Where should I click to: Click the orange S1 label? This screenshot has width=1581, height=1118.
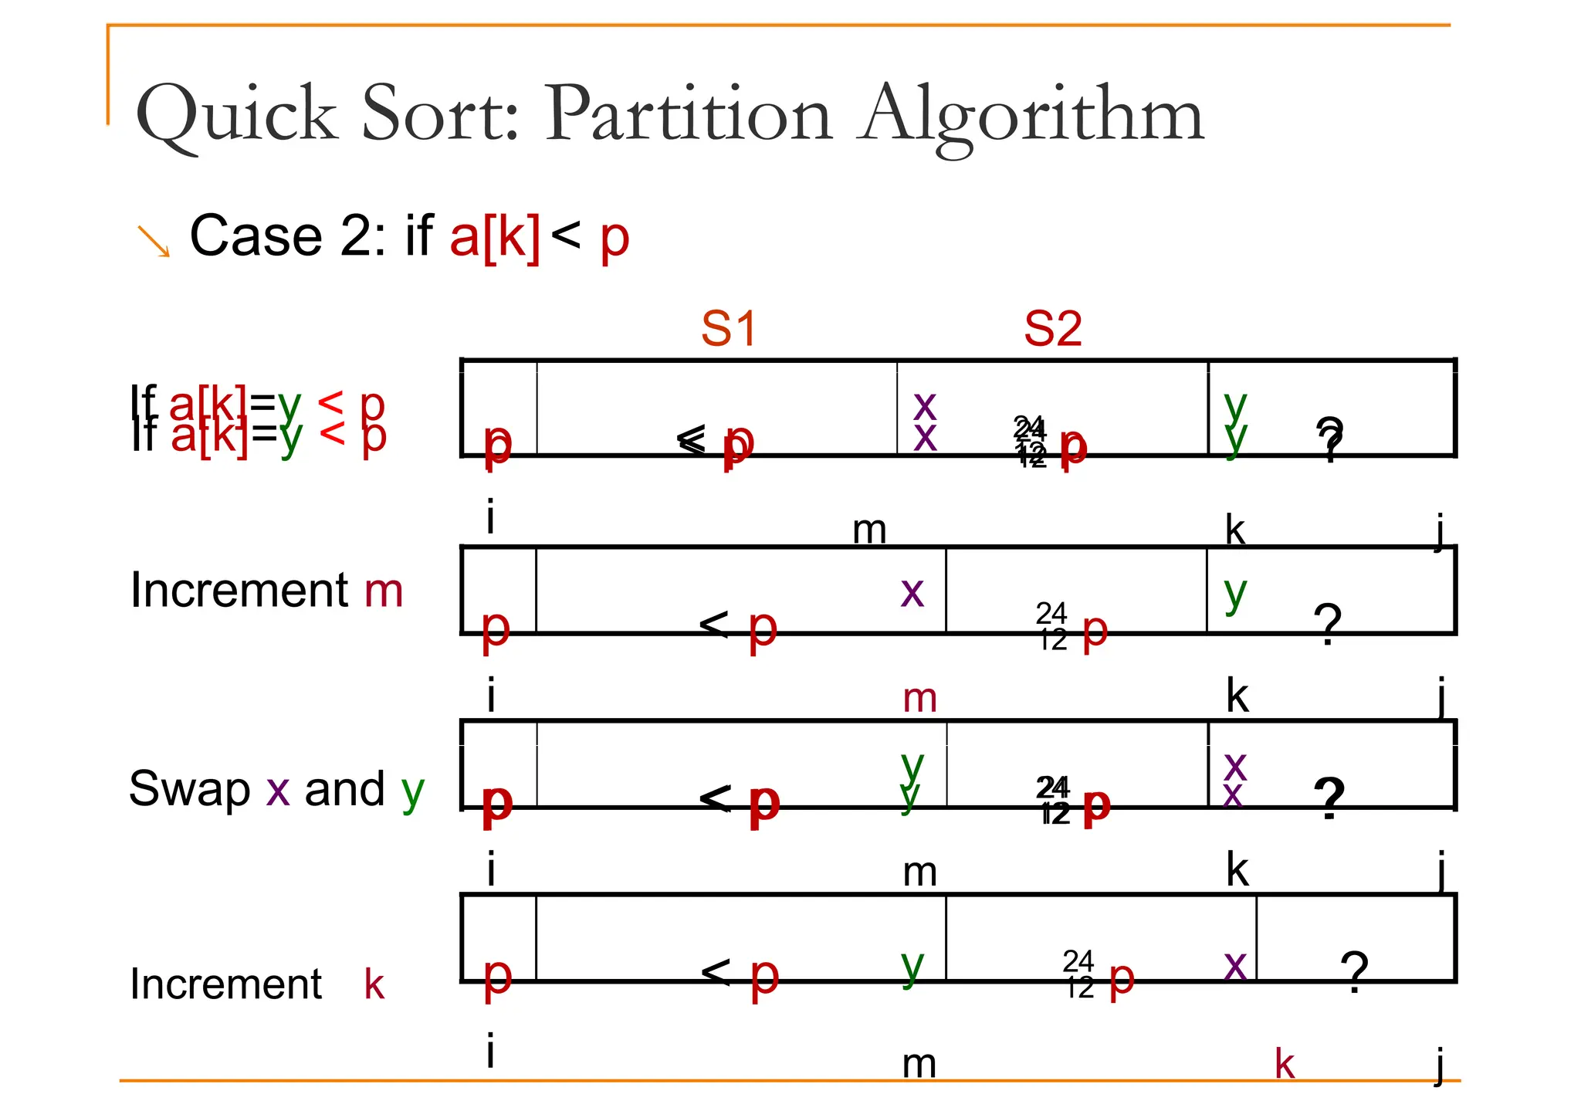[x=729, y=329]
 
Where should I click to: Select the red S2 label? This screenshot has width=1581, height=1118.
[x=1053, y=329]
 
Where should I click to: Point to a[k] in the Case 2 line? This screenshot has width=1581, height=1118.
[x=495, y=237]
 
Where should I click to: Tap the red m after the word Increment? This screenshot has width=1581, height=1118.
[x=384, y=591]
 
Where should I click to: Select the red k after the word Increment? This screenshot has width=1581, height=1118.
[x=374, y=984]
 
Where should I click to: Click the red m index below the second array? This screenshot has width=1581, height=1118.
[x=920, y=699]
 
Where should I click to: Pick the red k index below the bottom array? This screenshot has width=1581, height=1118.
[x=1285, y=1065]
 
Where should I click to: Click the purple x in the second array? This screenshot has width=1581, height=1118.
[x=912, y=593]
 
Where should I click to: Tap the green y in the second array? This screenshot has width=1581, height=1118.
[x=1236, y=593]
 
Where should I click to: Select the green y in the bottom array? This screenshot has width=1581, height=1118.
[x=912, y=965]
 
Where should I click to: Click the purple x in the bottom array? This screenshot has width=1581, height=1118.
[x=1235, y=965]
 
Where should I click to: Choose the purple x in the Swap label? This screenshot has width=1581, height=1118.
[x=278, y=791]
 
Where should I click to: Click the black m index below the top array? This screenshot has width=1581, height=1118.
[x=869, y=530]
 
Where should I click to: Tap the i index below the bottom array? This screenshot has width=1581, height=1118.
[x=491, y=1052]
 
